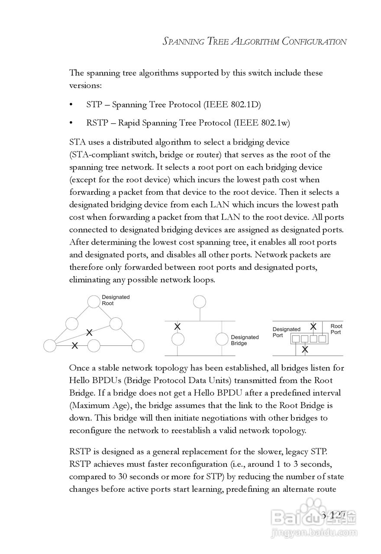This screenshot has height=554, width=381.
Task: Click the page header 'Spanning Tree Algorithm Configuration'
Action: point(255,42)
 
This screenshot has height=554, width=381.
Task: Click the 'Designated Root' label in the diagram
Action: point(116,300)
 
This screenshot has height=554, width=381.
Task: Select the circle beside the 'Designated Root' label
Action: point(94,301)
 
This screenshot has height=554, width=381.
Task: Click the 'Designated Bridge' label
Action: point(245,340)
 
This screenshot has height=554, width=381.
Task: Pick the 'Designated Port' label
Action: point(286,332)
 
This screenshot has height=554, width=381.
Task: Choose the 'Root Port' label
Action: point(336,329)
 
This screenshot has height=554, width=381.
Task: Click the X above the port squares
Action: point(313,326)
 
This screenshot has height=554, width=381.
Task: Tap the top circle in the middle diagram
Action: point(200,301)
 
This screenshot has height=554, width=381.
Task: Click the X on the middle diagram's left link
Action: point(178,326)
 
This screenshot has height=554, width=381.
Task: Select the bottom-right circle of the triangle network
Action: point(137,345)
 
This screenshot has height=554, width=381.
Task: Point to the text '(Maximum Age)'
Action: point(93,406)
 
